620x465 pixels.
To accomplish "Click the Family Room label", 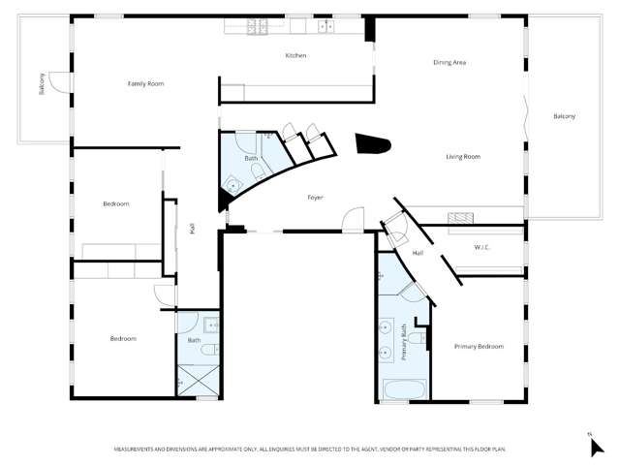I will coord(145,84).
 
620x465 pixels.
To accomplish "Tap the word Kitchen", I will coord(295,56).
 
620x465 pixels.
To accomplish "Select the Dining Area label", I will coord(449,63).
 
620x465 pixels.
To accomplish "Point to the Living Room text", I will coord(463,157).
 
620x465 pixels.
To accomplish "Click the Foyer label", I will coord(315,198).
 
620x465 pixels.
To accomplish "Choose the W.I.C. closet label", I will coord(482,248).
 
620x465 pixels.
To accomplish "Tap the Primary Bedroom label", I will coord(479,346).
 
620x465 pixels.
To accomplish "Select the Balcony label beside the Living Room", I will coord(564,117).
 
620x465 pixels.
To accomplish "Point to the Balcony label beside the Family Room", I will coord(42,84).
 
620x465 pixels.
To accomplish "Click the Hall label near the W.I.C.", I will coord(418,254).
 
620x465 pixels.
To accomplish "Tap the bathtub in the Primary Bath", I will coord(403,390).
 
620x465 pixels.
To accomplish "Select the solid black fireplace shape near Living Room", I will coord(373,144).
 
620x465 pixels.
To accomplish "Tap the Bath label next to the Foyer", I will coord(251,158).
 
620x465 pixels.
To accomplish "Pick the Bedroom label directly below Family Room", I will coord(116,203).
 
